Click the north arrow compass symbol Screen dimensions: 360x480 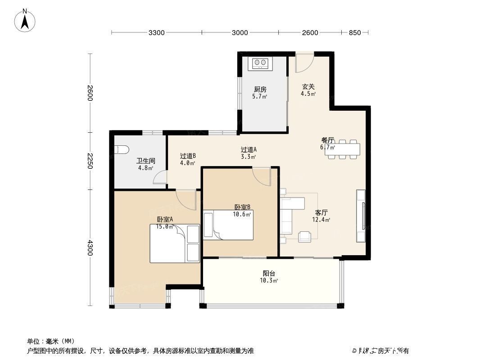coord(26,20)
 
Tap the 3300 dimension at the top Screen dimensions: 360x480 coord(157,32)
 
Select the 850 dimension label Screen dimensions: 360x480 coord(355,32)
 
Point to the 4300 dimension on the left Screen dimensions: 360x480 coord(90,247)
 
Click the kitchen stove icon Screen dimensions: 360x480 coord(261,63)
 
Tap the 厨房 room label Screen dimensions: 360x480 coord(260,90)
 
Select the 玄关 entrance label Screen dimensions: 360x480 coord(308,87)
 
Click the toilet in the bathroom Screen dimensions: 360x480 coord(122,150)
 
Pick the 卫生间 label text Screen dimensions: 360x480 coord(146,161)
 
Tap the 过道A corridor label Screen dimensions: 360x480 coord(248,149)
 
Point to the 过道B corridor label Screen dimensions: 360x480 coord(187,156)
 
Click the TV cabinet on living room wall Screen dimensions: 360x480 coord(362,216)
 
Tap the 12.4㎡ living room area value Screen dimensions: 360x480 coord(321,220)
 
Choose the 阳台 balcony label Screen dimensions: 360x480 coord(269,273)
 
